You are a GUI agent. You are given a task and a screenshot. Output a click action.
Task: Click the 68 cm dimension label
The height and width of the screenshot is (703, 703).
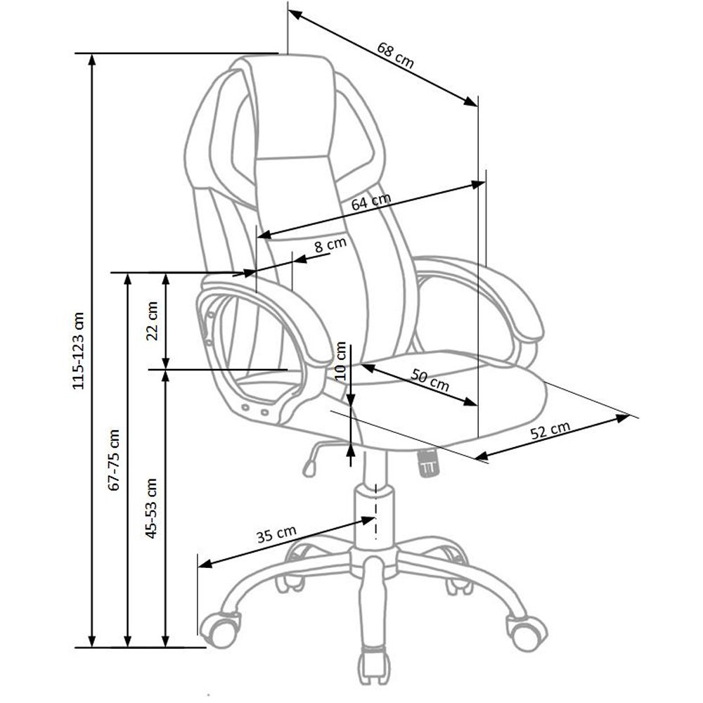tap(395, 55)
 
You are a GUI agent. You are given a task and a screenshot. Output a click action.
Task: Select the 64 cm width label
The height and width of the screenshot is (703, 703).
tap(370, 201)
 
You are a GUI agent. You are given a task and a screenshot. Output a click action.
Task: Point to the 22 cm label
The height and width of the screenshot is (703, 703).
tap(153, 321)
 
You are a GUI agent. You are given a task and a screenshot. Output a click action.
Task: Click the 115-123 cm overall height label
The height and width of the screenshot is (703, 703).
tap(78, 351)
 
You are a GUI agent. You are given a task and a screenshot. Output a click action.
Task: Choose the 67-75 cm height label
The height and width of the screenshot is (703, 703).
tap(115, 460)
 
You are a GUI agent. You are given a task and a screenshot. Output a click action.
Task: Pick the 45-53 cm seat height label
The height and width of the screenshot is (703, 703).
tap(152, 508)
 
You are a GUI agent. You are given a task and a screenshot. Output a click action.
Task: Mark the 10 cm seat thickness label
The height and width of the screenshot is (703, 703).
tap(341, 361)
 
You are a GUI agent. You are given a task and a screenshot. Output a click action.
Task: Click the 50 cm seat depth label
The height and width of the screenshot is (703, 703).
tap(430, 380)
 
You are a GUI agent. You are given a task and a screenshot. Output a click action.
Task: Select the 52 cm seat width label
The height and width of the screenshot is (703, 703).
tap(550, 430)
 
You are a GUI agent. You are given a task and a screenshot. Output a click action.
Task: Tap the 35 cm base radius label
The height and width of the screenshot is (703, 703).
tap(276, 534)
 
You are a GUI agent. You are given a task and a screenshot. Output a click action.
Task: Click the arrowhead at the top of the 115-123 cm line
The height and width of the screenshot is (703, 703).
tap(92, 60)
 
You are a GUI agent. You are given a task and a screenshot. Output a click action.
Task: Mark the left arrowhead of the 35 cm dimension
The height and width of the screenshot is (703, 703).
tap(205, 563)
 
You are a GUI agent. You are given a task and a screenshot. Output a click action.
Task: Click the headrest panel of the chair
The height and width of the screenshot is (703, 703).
tap(294, 107)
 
